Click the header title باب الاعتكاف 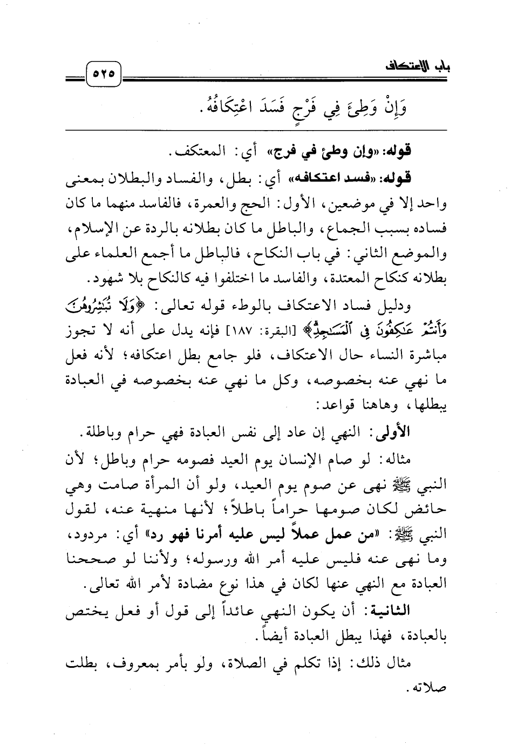(x=419, y=69)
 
